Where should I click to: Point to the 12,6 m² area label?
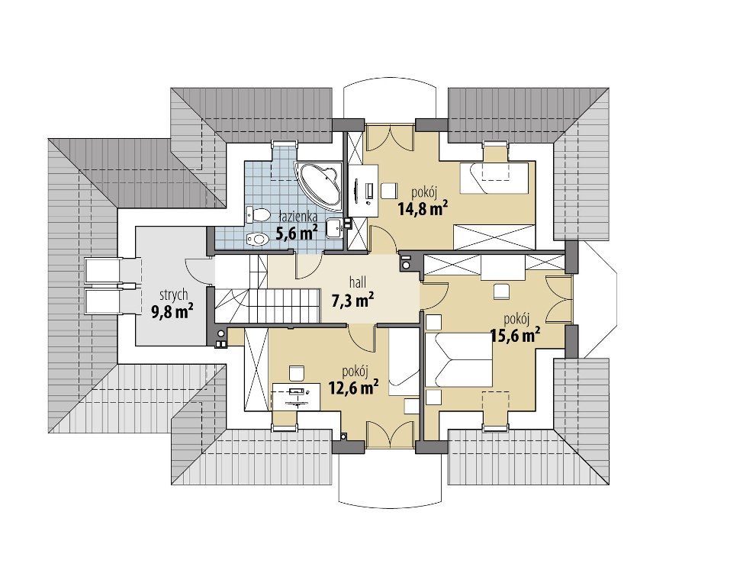point(353,387)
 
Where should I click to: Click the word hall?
point(357,282)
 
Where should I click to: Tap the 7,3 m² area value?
point(353,301)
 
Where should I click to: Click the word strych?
point(174,295)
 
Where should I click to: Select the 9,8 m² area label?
point(172,311)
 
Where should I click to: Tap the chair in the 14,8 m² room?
point(388,191)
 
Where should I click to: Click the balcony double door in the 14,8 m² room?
point(390,137)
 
